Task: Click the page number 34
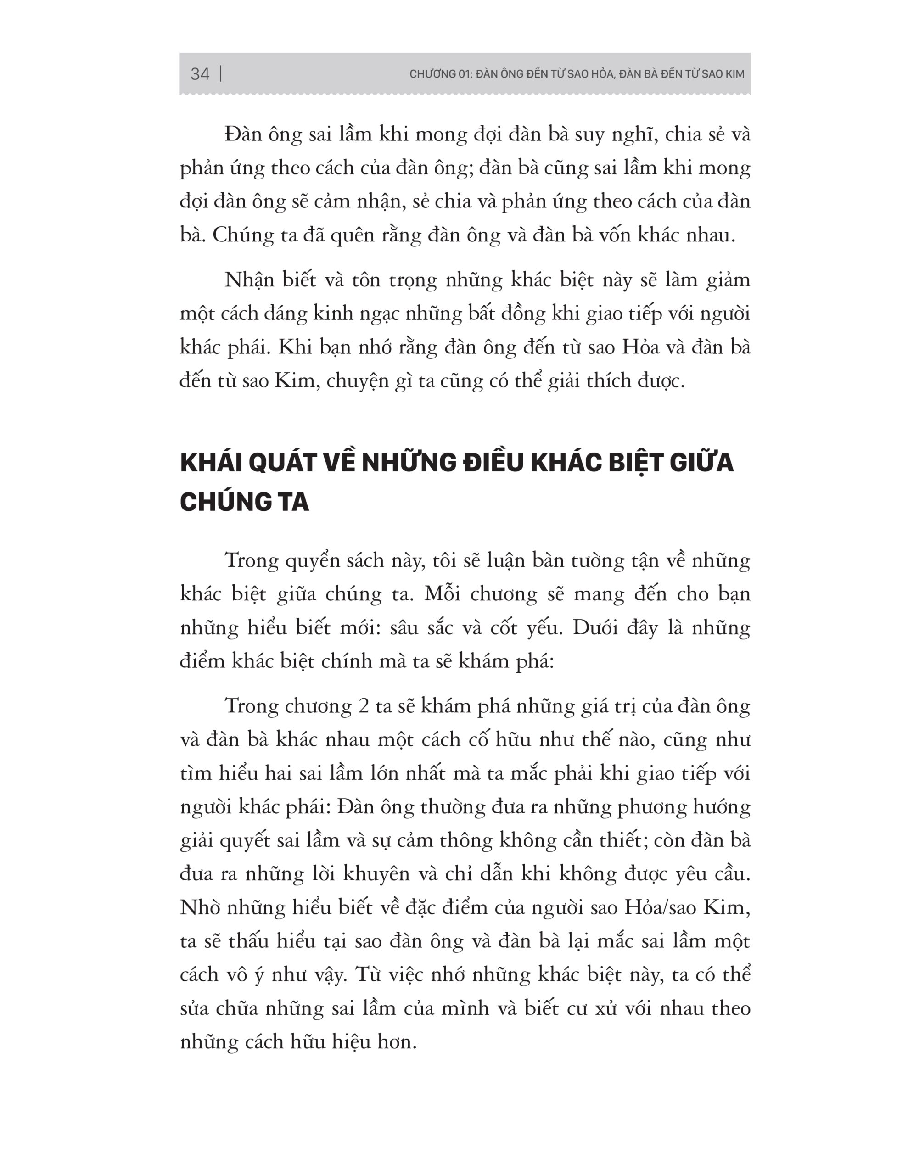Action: tap(200, 74)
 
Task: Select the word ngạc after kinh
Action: tap(377, 313)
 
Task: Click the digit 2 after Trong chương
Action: tap(363, 706)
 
